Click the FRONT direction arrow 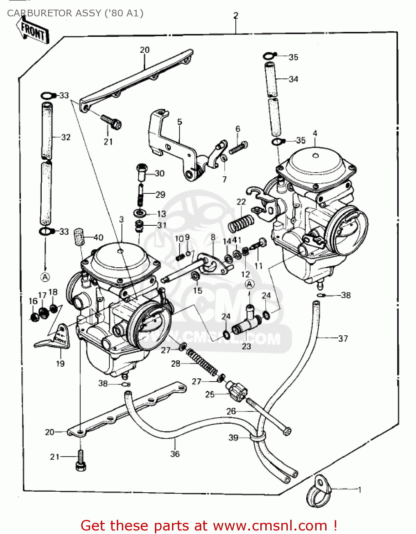(x=32, y=31)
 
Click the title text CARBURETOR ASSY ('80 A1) (x=75, y=13)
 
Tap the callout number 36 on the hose (x=175, y=454)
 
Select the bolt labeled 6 (x=238, y=147)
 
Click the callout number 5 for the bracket (x=180, y=122)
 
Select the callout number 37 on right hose (x=343, y=338)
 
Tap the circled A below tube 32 (x=45, y=277)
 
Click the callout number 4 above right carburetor (x=315, y=133)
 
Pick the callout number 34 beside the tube (x=293, y=79)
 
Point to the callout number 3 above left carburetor (x=121, y=219)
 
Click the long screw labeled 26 (x=269, y=417)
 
